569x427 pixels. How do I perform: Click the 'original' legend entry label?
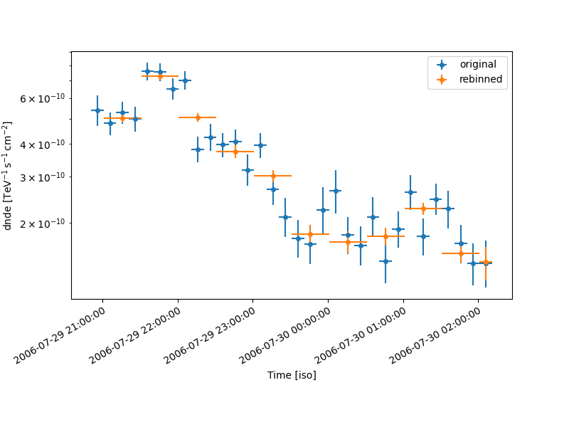coord(478,65)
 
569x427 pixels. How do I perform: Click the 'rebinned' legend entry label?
coord(481,80)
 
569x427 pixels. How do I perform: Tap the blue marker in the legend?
coord(442,65)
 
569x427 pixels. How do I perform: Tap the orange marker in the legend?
coord(442,80)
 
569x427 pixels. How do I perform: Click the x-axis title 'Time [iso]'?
coord(292,375)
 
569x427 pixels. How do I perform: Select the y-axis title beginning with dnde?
coord(9,176)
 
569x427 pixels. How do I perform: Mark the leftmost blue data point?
coord(97,110)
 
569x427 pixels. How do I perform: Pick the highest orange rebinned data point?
coord(160,76)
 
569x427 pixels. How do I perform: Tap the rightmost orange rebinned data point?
coord(486,262)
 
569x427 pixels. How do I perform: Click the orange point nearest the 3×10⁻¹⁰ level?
coord(273,176)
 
